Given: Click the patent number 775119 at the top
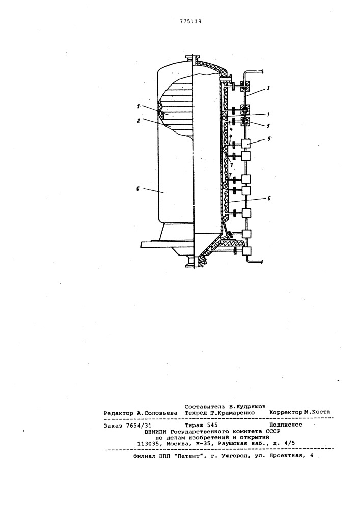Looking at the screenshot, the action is pos(190,22).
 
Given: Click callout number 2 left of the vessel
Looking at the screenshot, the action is pos(139,120).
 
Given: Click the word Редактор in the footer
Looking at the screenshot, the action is pos(119,413).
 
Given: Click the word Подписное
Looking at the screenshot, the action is pos(286,425).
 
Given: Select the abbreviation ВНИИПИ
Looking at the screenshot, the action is pos(157,432).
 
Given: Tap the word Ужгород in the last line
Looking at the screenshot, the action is pos(234,456).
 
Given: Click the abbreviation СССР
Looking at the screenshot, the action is pos(273,431).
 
